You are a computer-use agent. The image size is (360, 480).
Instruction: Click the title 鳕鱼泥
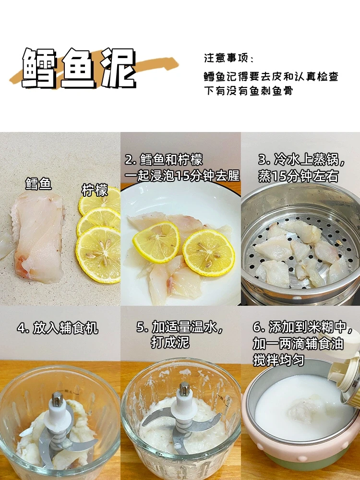(79, 68)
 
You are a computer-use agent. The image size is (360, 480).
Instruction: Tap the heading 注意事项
(227, 58)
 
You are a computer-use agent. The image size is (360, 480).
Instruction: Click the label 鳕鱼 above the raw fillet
(38, 184)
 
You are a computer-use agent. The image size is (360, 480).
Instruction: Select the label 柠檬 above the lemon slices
(95, 190)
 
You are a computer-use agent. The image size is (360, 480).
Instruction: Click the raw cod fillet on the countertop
(38, 236)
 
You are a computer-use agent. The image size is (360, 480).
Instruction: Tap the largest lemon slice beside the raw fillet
(98, 254)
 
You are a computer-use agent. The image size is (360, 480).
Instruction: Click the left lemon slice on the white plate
(156, 242)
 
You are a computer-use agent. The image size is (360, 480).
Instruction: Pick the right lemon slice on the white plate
(209, 252)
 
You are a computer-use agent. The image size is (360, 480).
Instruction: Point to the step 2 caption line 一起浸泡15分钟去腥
(182, 176)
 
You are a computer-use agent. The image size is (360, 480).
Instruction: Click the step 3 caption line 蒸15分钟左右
(298, 176)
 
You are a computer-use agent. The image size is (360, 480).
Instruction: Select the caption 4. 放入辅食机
(58, 328)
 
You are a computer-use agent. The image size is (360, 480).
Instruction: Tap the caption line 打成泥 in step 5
(170, 342)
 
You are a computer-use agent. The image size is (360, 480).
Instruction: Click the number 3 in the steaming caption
(263, 160)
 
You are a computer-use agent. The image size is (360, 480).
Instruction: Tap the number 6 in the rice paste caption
(257, 327)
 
